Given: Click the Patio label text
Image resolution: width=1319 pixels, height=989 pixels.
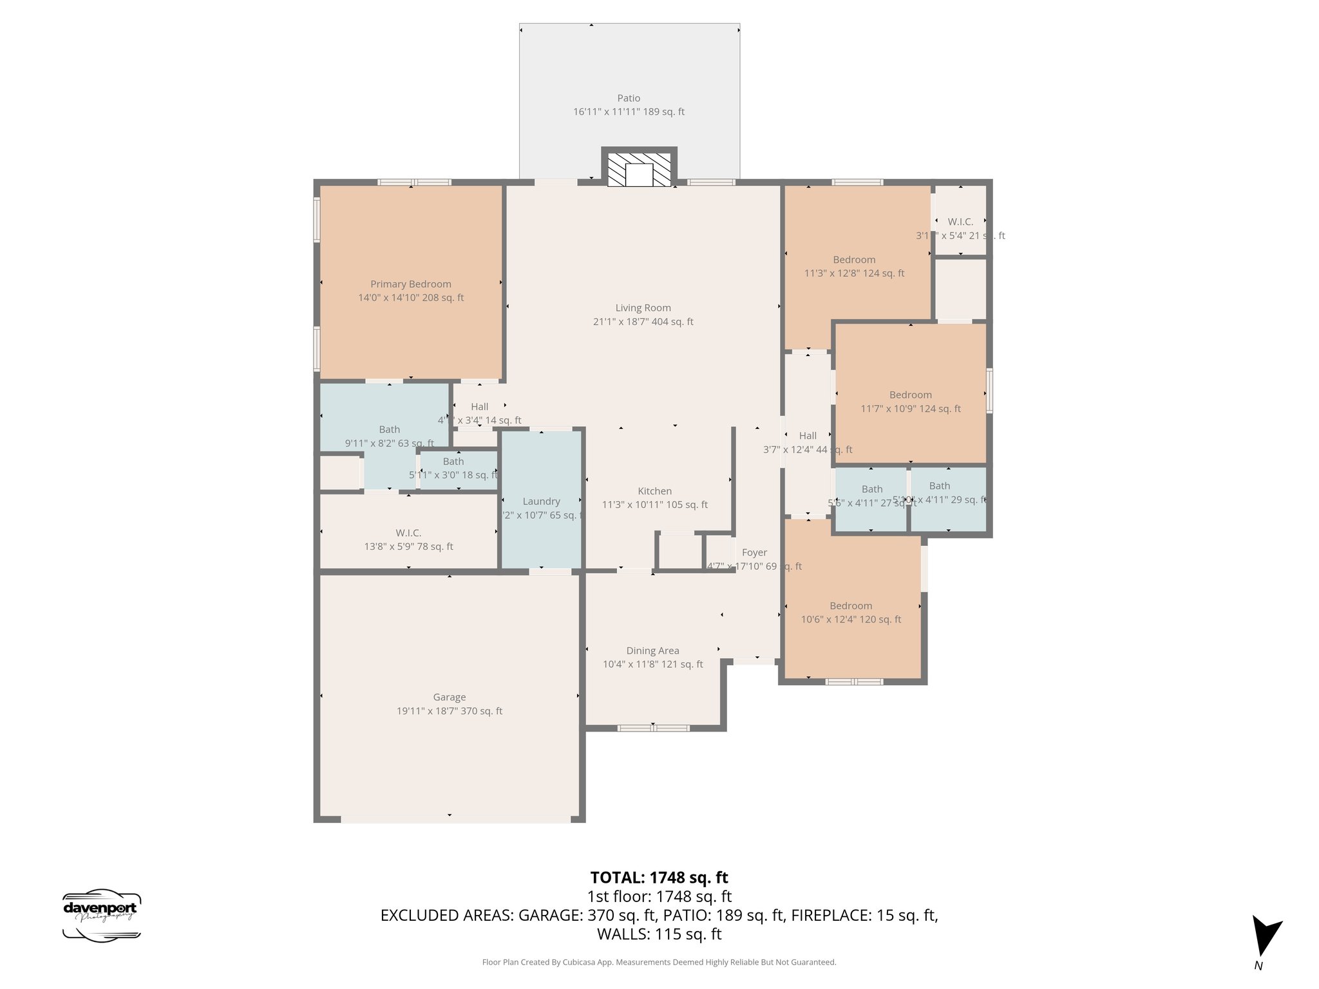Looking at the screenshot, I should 629,99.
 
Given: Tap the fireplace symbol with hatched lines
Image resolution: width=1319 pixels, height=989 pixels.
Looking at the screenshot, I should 639,170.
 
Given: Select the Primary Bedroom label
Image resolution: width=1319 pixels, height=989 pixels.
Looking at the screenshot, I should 410,284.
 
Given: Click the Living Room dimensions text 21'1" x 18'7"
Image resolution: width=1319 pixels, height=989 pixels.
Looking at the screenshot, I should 643,322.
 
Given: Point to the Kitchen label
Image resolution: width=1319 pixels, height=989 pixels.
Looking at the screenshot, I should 654,491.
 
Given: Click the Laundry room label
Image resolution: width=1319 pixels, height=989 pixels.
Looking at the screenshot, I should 541,502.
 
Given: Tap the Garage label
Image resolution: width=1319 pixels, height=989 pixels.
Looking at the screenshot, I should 449,697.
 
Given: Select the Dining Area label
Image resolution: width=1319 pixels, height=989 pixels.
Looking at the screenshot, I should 652,651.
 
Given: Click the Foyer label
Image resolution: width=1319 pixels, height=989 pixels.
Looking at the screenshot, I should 754,552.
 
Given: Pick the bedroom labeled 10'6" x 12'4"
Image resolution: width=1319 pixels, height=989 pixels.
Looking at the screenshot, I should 851,612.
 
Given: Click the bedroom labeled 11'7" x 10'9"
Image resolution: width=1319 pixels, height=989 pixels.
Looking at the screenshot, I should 910,402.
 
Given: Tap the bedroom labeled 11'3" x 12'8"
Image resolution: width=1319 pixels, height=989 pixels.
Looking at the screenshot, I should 854,267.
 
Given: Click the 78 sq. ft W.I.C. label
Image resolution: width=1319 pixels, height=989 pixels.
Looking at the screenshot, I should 408,540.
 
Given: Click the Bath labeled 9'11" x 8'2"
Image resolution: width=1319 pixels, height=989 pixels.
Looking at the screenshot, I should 389,436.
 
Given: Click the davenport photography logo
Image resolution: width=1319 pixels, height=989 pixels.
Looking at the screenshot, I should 102,916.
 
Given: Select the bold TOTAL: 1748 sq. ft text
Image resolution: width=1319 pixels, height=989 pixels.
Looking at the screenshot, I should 659,878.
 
